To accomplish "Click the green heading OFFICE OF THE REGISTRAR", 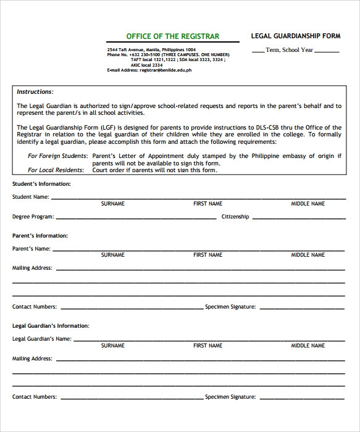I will coord(172,36).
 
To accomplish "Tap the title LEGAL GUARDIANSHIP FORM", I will coord(295,36).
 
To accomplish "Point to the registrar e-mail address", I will coord(149,70).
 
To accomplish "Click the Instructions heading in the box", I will coord(35,91).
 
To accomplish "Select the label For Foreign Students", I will coord(57,156).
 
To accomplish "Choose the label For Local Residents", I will coord(57,170).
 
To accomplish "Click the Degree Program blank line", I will coord(136,218).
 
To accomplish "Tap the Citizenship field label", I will coord(235,217).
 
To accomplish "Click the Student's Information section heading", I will coord(41,184).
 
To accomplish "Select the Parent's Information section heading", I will coord(40,236).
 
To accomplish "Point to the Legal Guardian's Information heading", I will coord(51,325).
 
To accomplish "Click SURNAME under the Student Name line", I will coord(113,204).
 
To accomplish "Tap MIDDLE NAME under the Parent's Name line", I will coord(308,255).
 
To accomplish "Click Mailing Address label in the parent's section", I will coord(32,268).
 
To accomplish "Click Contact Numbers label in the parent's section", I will coord(35,307).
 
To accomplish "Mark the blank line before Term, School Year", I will coord(258,52).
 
